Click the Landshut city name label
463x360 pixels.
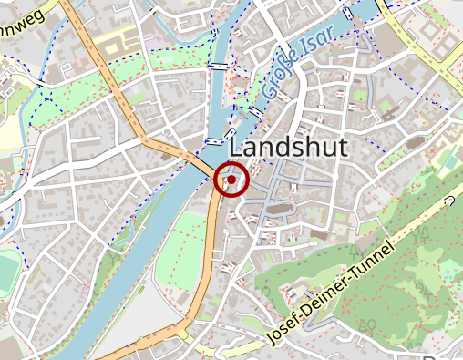[288, 148]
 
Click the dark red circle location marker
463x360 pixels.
[232, 180]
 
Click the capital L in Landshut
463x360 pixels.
[236, 148]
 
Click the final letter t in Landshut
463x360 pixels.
[344, 148]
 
